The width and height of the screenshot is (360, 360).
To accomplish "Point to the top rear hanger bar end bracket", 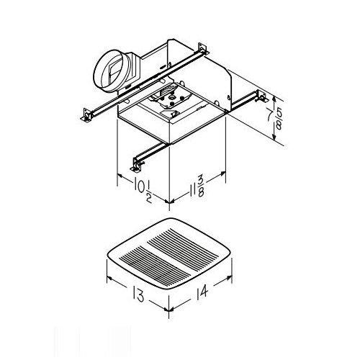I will coord(203,52).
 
